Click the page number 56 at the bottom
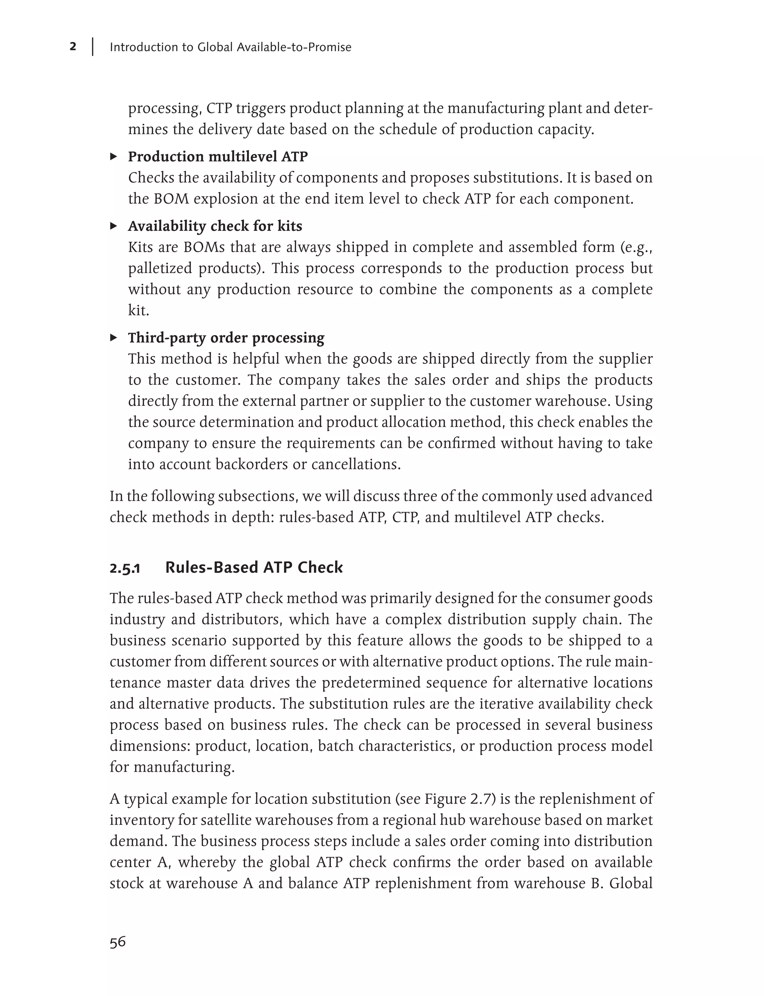[118, 942]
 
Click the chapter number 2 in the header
[73, 46]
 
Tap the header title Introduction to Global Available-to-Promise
[230, 47]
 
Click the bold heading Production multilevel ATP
[218, 156]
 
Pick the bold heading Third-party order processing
[226, 338]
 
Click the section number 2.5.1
[125, 569]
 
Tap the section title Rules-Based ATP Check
[254, 568]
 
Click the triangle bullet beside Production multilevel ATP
[114, 156]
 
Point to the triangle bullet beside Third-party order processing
[114, 338]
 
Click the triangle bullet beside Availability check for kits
[114, 226]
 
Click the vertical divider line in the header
[93, 47]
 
